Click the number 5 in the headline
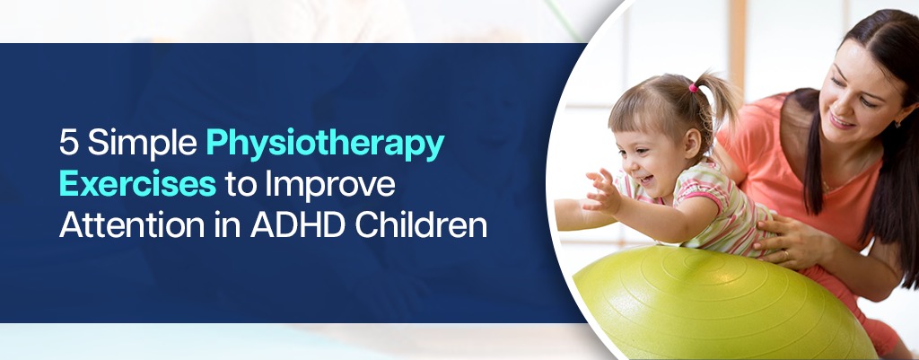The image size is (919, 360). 68,145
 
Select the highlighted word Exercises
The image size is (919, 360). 136,184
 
